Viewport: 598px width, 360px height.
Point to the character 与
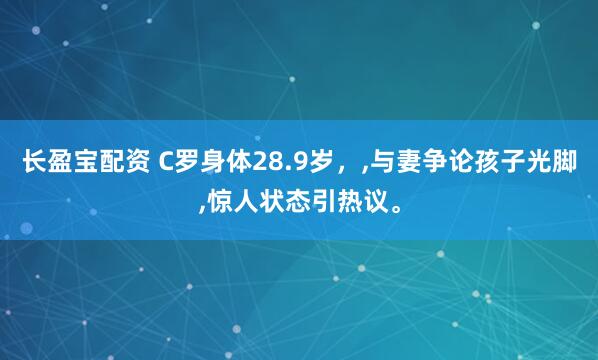[x=381, y=162]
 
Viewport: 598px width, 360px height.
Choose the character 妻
[x=407, y=162]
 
